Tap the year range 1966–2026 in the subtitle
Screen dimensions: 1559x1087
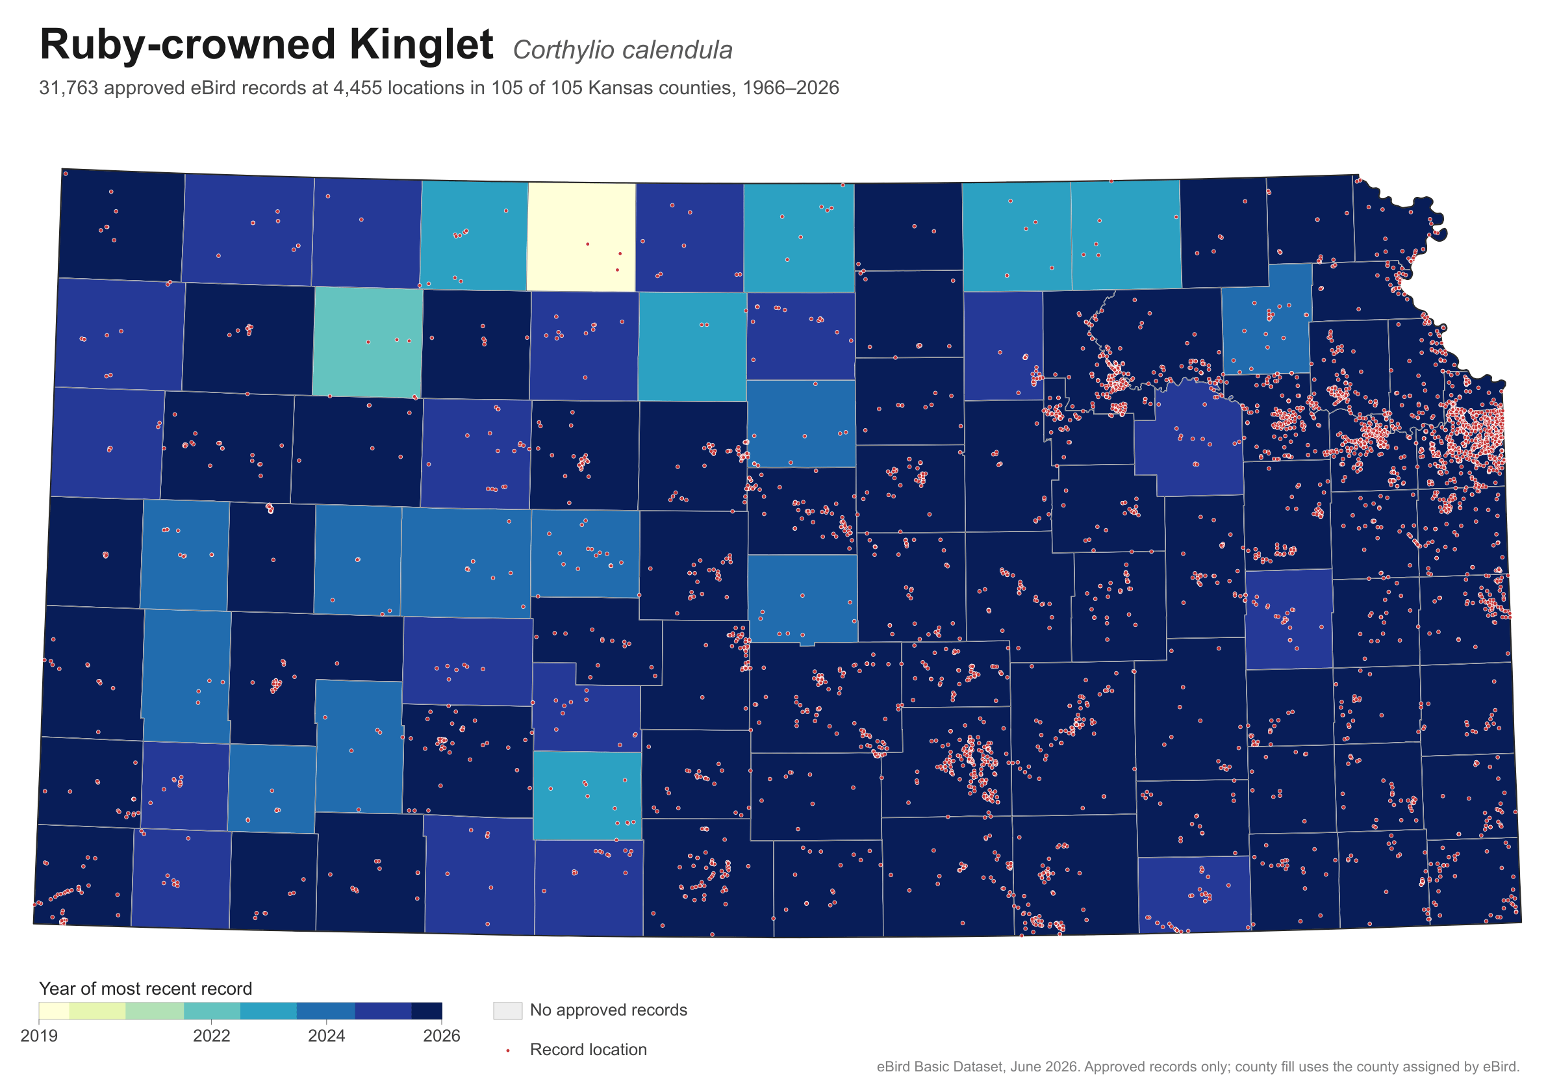coord(791,88)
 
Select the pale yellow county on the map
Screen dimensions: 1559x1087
coord(581,237)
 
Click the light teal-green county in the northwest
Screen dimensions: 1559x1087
coord(368,342)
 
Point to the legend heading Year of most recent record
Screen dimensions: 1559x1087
coord(146,988)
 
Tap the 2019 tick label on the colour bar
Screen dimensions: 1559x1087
coord(39,1036)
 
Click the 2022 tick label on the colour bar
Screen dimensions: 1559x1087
coord(212,1036)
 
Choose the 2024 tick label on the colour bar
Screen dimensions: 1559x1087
coord(327,1036)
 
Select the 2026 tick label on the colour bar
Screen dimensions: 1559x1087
coord(441,1036)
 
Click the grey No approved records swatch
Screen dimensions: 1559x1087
coord(507,1010)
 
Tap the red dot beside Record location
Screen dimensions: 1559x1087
coord(507,1051)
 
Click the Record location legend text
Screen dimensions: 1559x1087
coord(588,1050)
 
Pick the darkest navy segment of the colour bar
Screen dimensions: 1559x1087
coord(427,1011)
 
